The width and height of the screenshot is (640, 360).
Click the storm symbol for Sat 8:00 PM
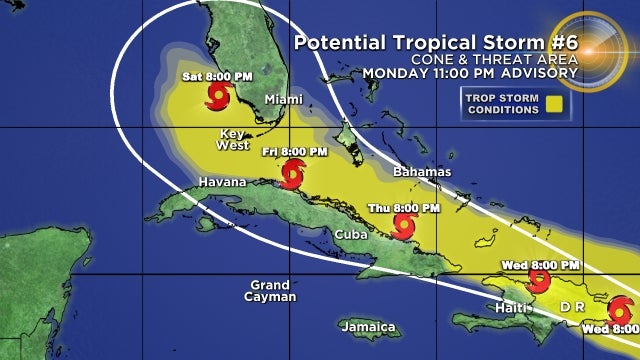[x=217, y=97]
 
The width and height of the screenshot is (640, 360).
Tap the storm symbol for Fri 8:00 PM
[x=291, y=177]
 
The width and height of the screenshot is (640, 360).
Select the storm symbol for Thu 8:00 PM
[x=402, y=228]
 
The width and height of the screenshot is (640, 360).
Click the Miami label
[x=283, y=99]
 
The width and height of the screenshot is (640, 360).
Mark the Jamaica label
[x=367, y=327]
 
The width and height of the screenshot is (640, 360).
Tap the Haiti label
[x=514, y=307]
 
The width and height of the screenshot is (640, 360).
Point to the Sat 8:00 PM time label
[x=216, y=76]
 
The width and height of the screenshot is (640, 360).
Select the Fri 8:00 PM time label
[x=294, y=151]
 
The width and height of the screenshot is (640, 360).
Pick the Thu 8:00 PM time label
[x=404, y=208]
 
